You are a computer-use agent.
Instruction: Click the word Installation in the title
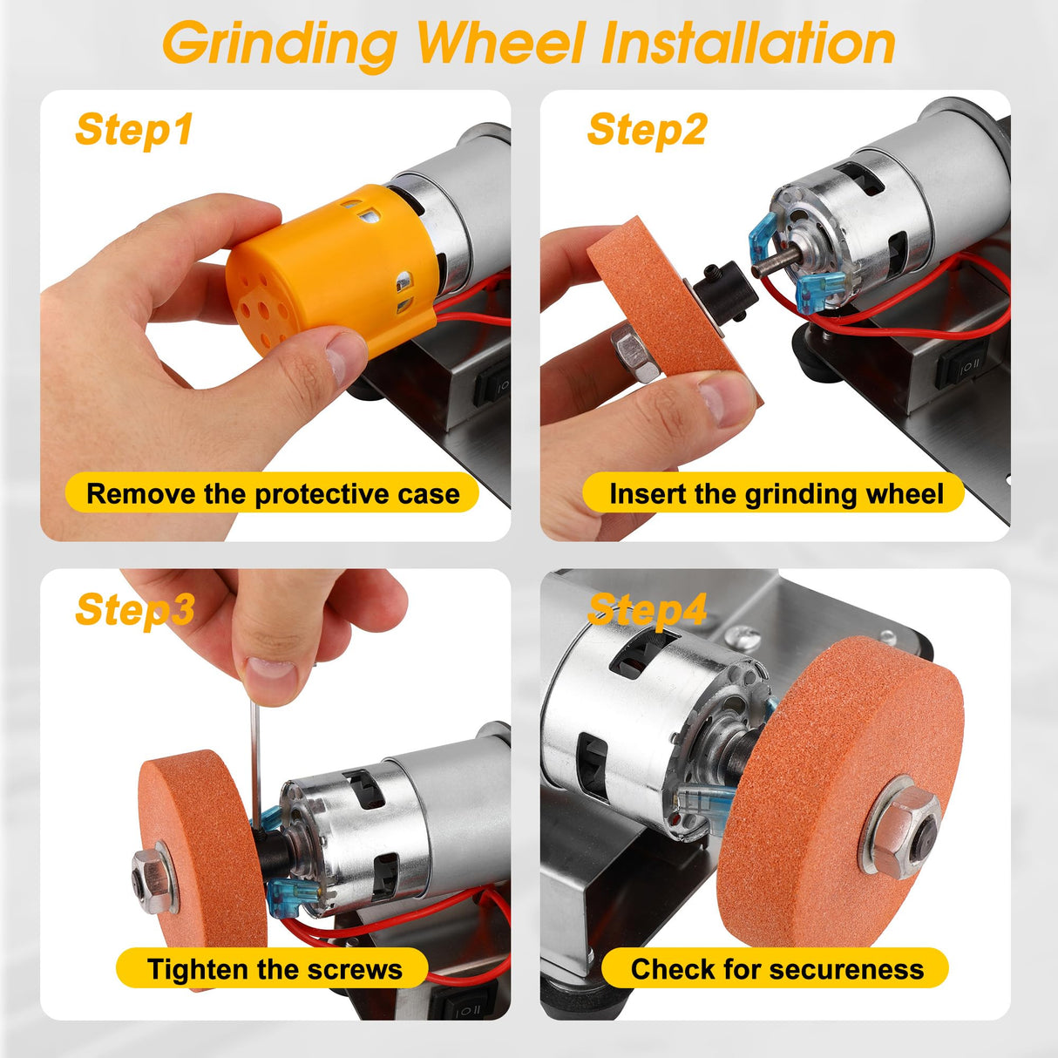(748, 43)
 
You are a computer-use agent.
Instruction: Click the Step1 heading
(133, 131)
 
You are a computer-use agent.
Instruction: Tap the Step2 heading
(647, 131)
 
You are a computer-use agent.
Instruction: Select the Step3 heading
(135, 609)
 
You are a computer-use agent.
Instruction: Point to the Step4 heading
(647, 609)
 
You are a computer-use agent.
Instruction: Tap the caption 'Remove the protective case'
(272, 494)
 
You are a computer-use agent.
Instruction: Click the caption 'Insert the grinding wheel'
(775, 494)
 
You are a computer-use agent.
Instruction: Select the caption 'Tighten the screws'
(274, 969)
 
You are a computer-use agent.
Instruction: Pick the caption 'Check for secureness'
(776, 969)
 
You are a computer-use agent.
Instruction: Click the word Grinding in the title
(279, 43)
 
